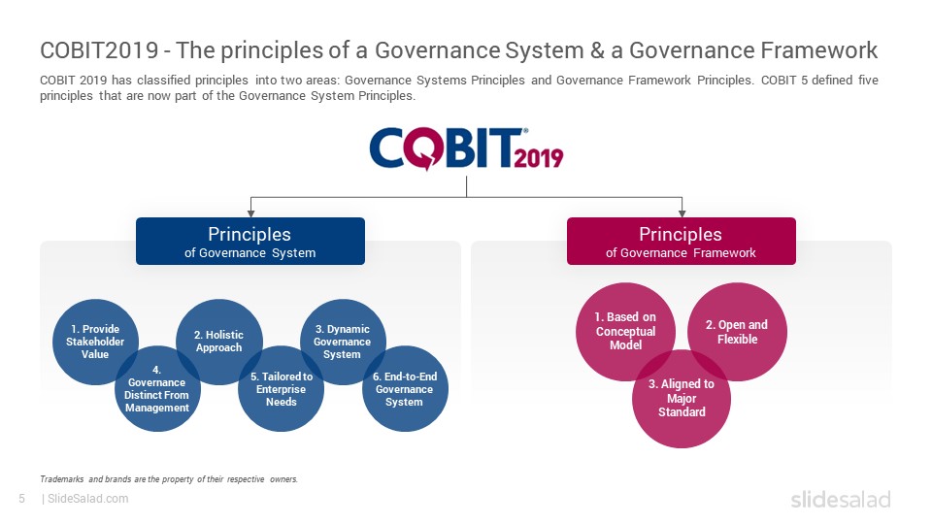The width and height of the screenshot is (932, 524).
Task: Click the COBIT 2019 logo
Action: [x=466, y=148]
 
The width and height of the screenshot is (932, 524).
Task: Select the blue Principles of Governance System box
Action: [x=250, y=242]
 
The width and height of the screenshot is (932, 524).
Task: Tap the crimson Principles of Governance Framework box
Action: [x=682, y=242]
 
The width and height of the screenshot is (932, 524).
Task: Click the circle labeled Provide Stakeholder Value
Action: [x=95, y=342]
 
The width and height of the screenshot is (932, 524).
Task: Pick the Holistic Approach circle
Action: [x=219, y=342]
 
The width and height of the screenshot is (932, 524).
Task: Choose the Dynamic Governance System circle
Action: [x=343, y=342]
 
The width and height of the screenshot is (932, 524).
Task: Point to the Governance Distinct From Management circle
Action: [x=157, y=388]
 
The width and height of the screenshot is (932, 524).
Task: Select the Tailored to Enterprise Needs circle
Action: [x=282, y=388]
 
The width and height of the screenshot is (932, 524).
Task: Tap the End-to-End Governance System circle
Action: [x=406, y=388]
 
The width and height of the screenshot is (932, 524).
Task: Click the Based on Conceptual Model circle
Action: [x=625, y=332]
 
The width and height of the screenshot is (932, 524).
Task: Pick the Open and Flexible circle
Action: [x=737, y=332]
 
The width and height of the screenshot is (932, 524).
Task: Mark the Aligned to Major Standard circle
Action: [x=682, y=399]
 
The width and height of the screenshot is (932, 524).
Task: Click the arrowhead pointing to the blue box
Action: [x=250, y=213]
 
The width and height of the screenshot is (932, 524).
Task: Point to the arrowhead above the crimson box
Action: [x=682, y=213]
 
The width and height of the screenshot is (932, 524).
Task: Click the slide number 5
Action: [x=22, y=499]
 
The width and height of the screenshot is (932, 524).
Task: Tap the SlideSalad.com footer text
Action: [x=88, y=499]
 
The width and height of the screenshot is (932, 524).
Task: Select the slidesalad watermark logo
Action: [x=841, y=499]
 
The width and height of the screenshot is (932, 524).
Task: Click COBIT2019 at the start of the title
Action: [x=99, y=50]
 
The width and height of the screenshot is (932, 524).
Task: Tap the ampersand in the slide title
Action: [x=597, y=50]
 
